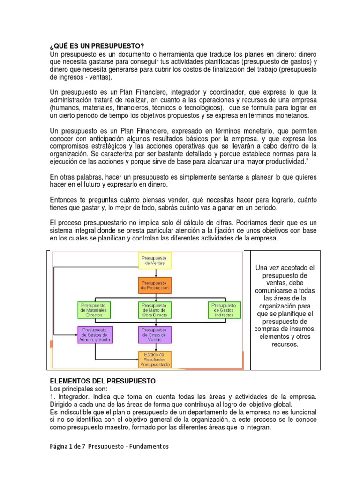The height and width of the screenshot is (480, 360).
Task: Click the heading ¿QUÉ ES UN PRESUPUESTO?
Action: [97, 46]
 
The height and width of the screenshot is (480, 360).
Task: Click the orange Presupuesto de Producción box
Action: [155, 285]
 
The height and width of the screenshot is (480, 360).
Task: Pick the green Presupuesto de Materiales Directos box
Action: [93, 309]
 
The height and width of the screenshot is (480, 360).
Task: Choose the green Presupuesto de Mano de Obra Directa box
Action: [155, 309]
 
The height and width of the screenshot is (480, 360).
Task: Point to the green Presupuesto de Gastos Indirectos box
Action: [225, 309]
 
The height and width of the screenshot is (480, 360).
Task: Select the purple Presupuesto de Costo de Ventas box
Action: [155, 335]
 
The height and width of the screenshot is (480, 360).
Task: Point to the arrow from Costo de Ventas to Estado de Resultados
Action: [155, 347]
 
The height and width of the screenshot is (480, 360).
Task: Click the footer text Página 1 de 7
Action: [70, 446]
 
